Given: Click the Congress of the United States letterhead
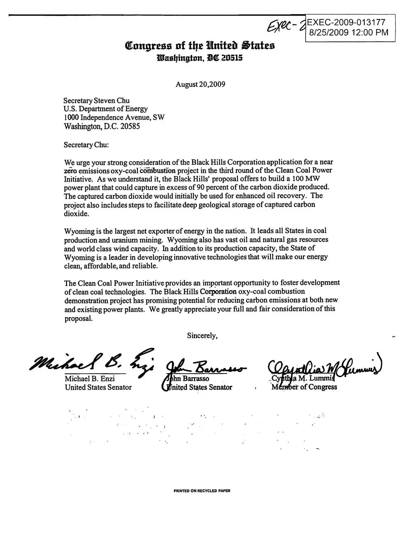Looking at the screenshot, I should coord(200,46).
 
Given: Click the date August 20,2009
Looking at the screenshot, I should coord(200,84).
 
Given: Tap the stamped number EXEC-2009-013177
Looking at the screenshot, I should coord(346,22).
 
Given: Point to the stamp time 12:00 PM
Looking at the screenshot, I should coord(369,32).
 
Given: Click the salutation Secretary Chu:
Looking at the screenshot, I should coord(86,144).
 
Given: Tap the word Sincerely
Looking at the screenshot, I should coord(202,336).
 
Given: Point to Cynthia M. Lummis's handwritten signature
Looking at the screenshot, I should coord(324,367).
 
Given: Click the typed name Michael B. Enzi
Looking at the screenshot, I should coord(90,378).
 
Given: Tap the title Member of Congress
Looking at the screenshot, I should coord(304,387).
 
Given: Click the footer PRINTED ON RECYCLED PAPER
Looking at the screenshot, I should coord(202,491).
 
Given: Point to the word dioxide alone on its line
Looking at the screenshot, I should coord(76,214).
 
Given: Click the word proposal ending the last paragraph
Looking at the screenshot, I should coord(78,318).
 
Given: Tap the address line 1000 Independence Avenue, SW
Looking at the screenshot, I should coord(114,118).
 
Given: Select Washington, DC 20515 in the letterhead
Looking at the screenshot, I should coord(200,58).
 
